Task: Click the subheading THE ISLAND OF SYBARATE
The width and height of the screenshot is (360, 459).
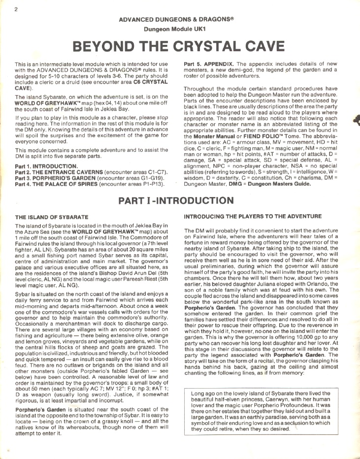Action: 52,217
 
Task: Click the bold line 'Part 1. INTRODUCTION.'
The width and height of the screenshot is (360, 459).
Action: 46,166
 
